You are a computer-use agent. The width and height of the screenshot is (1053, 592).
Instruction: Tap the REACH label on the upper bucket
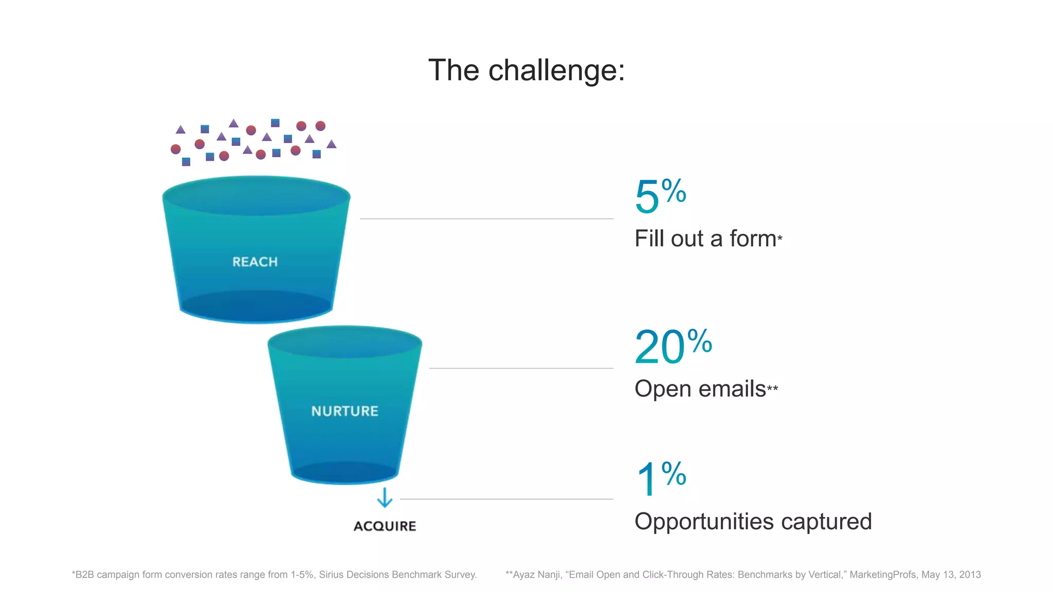(x=255, y=262)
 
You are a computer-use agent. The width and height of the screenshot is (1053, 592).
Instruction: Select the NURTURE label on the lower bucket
(x=344, y=411)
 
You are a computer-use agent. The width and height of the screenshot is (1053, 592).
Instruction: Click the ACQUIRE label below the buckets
(x=385, y=526)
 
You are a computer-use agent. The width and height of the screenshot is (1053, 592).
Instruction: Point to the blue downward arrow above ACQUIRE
(x=385, y=497)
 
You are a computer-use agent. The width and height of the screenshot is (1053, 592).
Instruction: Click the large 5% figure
(x=660, y=195)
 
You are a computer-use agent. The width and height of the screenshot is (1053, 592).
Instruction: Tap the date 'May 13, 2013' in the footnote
(x=951, y=575)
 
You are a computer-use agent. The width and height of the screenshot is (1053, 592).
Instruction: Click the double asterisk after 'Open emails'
(x=772, y=388)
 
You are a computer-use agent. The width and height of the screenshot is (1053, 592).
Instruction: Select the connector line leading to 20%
(x=521, y=368)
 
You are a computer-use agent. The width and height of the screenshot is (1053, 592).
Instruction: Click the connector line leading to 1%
(x=506, y=498)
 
